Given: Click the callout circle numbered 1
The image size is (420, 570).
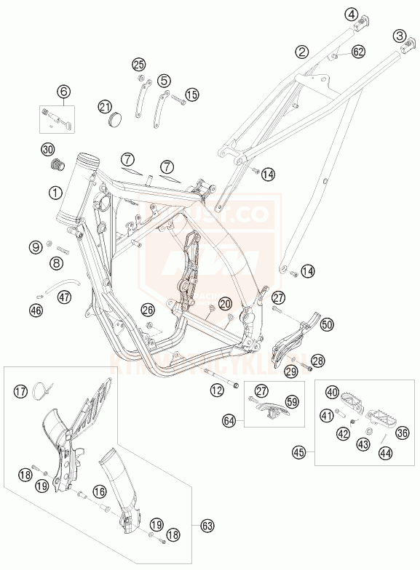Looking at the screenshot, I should click(55, 192).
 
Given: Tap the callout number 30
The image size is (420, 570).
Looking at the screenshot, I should click(48, 149).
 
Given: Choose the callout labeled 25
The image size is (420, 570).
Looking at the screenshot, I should click(139, 63).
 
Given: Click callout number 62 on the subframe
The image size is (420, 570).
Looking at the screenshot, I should click(357, 52).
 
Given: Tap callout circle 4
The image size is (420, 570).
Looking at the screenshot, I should click(353, 14).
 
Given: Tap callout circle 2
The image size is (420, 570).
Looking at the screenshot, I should click(301, 52).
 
